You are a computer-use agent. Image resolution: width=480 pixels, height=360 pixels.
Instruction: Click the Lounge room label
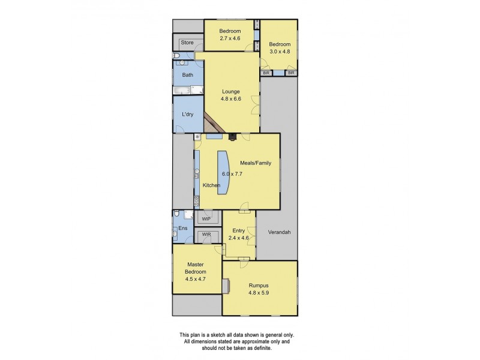pos(230,92)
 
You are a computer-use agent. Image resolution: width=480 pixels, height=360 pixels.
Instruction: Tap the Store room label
pos(187,43)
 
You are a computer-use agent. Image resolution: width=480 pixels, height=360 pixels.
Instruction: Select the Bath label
pos(188,75)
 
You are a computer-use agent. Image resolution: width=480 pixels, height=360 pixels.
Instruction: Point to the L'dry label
pos(187,115)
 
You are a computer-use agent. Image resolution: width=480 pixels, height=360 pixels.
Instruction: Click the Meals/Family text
pos(256,163)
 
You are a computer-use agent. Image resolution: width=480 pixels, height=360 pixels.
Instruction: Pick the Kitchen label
pos(211,185)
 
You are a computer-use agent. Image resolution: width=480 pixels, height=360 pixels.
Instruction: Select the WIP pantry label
pos(206,219)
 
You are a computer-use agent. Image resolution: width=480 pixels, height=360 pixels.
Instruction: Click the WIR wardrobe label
pos(206,235)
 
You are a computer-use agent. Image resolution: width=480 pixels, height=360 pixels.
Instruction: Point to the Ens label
pos(183,229)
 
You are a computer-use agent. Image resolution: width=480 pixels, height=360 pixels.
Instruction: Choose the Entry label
pos(239,230)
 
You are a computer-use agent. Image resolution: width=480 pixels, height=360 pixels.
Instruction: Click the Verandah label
pos(279,232)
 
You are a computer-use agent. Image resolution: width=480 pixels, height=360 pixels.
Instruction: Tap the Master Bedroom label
pos(195,268)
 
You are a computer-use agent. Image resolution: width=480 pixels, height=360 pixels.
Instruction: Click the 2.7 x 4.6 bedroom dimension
pos(229,38)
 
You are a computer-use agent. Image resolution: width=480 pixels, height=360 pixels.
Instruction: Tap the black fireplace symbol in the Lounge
pos(232,137)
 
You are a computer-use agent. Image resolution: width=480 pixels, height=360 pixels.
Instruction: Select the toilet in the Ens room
pos(177,214)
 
